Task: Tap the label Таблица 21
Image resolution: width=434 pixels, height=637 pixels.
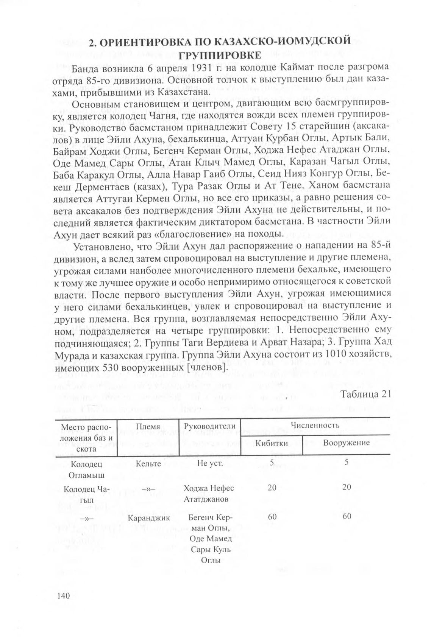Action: click(365, 394)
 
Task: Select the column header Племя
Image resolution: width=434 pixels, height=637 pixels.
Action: click(148, 426)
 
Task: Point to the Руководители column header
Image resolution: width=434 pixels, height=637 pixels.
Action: click(209, 426)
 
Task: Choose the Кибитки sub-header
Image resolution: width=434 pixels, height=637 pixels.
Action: click(272, 443)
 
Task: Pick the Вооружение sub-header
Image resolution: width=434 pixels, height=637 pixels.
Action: click(346, 443)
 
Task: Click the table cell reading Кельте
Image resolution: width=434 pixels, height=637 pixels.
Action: click(148, 463)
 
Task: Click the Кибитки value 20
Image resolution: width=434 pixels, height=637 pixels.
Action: click(272, 488)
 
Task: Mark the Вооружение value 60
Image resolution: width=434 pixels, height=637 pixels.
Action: click(347, 516)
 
